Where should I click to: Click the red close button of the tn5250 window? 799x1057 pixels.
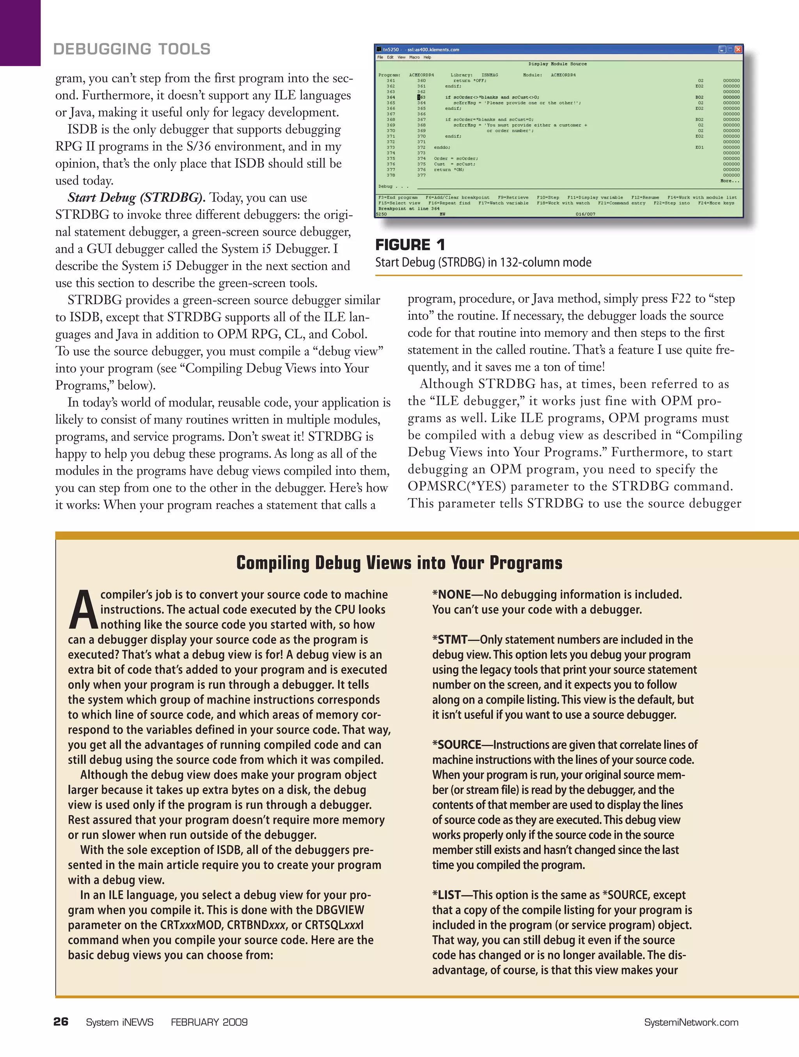(x=738, y=49)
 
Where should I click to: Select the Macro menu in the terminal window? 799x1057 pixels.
(x=414, y=57)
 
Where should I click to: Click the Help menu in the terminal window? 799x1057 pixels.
(x=427, y=57)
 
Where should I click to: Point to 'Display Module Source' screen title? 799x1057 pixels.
(x=557, y=64)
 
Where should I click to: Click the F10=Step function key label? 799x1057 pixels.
(x=548, y=197)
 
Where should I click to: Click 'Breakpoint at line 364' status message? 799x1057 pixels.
(x=408, y=209)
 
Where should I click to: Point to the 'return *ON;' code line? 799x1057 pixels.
(x=449, y=170)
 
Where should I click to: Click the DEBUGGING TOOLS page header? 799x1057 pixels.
(x=132, y=49)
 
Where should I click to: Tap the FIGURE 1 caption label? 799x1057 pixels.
(x=410, y=245)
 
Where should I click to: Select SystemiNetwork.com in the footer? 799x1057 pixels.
(x=691, y=1023)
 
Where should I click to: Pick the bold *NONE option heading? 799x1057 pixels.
(x=452, y=594)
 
